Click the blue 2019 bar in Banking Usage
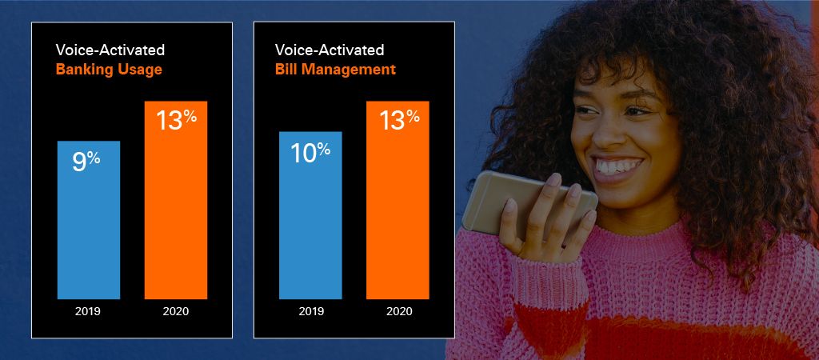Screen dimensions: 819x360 (89, 220)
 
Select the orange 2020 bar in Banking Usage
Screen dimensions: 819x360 (176, 200)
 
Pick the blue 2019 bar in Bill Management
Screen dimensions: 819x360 (310, 215)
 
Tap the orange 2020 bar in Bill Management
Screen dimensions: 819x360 (398, 200)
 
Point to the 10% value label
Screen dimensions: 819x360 (311, 154)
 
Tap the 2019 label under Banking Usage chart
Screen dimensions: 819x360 (88, 312)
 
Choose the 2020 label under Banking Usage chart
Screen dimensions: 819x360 (176, 312)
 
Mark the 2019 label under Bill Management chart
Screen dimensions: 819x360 (311, 312)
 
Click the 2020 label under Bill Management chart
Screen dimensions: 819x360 (399, 312)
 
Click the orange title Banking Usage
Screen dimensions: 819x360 (109, 70)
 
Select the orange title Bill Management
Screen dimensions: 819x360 (335, 70)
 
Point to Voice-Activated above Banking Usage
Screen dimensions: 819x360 (110, 50)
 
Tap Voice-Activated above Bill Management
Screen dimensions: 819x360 (330, 50)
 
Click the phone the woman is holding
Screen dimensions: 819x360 (529, 202)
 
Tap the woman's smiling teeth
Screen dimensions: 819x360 (618, 167)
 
